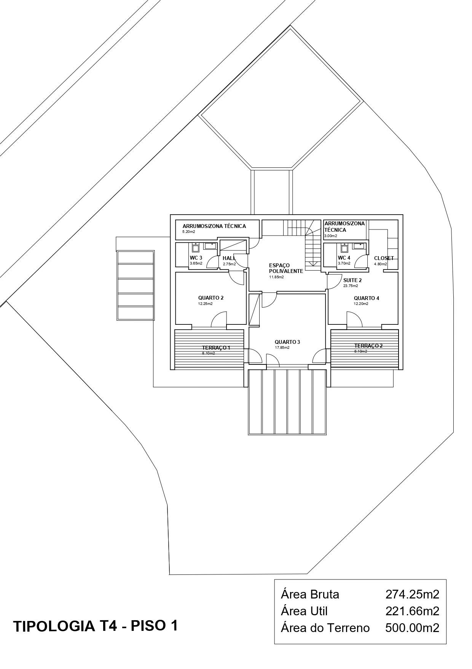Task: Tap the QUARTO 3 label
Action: coord(287,342)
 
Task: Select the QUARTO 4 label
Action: coord(366,298)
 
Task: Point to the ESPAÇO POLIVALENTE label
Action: coord(285,268)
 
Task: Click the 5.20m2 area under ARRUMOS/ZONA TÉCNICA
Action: coord(189,232)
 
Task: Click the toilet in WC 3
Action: coord(195,248)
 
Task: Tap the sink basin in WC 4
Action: coord(358,246)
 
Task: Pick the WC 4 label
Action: coord(344,258)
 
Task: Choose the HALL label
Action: coord(229,258)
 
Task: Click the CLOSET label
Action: coord(384,258)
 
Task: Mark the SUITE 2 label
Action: coord(352,280)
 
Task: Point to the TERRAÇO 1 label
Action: coord(216,348)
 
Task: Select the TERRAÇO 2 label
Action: coord(368,346)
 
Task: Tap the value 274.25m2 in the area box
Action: coord(412,594)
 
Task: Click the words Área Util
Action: coord(304,611)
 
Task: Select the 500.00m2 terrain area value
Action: coord(412,628)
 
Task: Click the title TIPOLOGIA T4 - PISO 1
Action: coord(96,626)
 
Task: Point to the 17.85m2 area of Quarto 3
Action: coord(282,348)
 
